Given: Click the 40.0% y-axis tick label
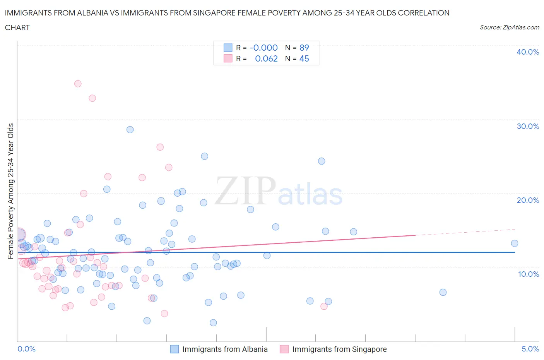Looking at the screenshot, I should (x=527, y=52).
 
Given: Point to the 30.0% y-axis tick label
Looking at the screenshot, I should (x=527, y=126).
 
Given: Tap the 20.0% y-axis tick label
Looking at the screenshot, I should (x=527, y=200).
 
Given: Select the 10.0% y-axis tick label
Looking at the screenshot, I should (x=528, y=274).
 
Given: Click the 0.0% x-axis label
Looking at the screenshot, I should (x=26, y=349).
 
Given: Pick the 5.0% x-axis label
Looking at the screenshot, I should (x=530, y=349).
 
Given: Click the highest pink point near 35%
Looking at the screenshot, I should (x=78, y=84).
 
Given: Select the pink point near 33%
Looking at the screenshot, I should (x=92, y=98).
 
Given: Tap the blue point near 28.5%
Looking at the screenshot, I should (x=130, y=130).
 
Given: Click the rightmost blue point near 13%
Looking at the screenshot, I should (x=514, y=243).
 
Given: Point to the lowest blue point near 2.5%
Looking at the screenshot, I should (x=213, y=323).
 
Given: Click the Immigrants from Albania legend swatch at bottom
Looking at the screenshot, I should (x=174, y=349).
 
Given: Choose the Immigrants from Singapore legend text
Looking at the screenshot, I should (x=339, y=349).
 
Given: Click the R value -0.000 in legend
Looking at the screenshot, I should (x=263, y=48).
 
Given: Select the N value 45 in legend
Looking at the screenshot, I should (x=304, y=58).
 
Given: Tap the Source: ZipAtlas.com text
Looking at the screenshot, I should (x=509, y=27).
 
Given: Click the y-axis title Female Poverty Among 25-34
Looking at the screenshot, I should (x=11, y=191).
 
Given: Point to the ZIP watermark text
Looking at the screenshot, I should (x=245, y=191).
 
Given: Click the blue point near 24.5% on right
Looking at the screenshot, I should (x=322, y=161).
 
